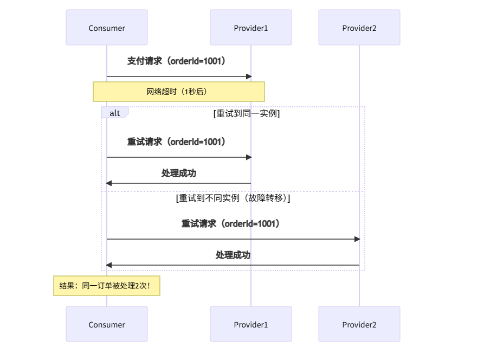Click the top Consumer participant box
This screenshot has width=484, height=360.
tap(107, 28)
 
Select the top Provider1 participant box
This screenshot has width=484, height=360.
tap(251, 28)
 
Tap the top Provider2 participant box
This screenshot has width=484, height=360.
tap(359, 28)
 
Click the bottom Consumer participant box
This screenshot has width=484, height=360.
tap(107, 324)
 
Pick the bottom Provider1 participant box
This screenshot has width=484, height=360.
tap(251, 324)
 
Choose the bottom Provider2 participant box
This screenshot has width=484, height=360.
tap(359, 324)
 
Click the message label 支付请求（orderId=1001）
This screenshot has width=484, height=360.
tap(176, 61)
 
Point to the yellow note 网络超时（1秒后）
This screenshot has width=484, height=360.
tap(178, 92)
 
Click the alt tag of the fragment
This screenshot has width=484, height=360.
tap(115, 113)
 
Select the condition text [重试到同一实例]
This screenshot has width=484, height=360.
tap(247, 113)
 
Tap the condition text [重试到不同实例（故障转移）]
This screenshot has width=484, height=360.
tap(233, 198)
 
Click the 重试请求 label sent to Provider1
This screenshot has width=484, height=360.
tap(176, 142)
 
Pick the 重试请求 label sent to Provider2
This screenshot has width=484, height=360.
tap(230, 223)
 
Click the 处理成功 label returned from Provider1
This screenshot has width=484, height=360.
tap(179, 173)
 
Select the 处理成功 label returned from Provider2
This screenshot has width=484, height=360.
tap(233, 255)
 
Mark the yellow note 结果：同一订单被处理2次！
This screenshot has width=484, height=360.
tap(107, 285)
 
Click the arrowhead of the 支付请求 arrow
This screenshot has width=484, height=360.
tap(249, 76)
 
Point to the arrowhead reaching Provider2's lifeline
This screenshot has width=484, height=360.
tap(357, 239)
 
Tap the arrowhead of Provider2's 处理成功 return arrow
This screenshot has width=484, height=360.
tap(109, 265)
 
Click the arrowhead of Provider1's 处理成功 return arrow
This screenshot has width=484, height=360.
tap(109, 183)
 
